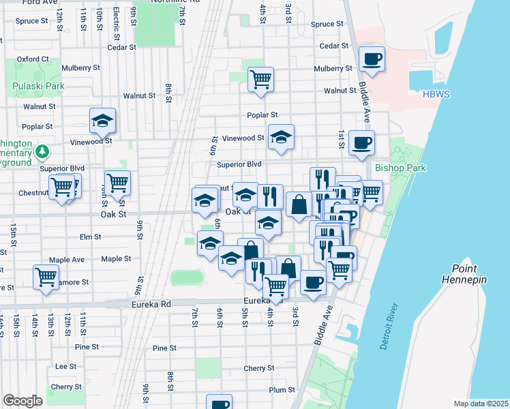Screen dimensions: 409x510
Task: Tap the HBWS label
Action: click(x=436, y=94)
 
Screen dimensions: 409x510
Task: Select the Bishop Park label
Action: click(x=400, y=168)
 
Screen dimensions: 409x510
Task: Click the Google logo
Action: click(x=22, y=401)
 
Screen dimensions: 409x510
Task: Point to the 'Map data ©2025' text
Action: click(x=481, y=404)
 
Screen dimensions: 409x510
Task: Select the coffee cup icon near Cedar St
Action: click(x=372, y=59)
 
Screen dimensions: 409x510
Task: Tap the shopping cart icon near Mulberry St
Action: click(x=260, y=79)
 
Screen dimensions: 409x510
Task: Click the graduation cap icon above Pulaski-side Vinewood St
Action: click(x=102, y=121)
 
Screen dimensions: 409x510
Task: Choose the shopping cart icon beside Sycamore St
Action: click(x=46, y=277)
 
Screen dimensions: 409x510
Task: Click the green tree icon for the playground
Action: click(x=43, y=150)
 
